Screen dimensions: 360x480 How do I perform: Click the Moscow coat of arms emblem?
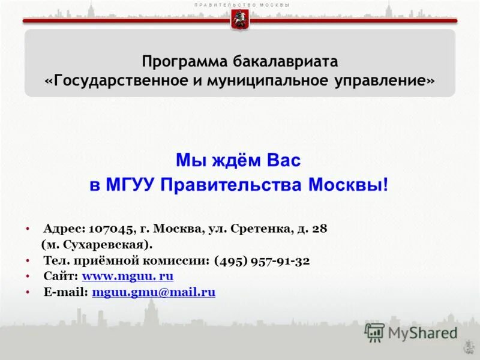coord(239,20)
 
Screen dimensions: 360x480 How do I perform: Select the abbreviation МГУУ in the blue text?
coord(131,184)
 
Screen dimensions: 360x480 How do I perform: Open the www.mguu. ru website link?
coord(127,277)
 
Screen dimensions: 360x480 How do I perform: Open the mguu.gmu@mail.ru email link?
coord(154,292)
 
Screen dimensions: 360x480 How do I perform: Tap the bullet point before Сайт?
coord(28,277)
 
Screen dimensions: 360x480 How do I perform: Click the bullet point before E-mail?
coord(28,292)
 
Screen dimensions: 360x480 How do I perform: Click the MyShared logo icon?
coord(374,332)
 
